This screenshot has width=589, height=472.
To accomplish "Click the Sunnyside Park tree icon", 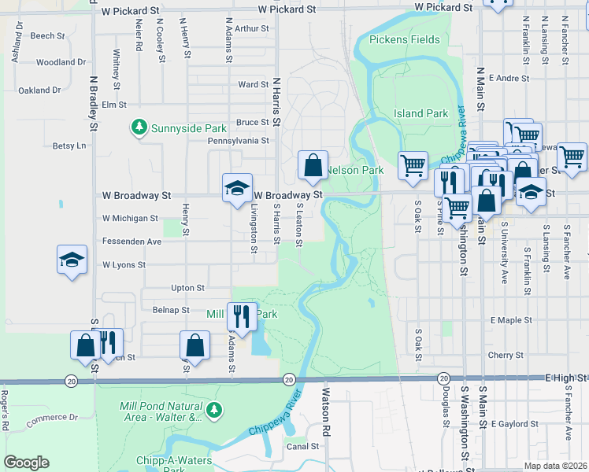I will (139, 127).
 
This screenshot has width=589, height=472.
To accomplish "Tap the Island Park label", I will (420, 114).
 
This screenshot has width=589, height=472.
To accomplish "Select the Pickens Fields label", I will (405, 39).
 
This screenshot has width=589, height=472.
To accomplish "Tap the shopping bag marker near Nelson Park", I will (313, 165).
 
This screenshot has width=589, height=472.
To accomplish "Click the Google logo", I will (26, 463).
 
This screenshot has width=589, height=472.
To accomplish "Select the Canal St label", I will (302, 446).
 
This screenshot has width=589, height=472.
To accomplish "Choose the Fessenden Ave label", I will (132, 242).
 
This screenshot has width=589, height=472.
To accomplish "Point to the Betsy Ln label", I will (69, 146).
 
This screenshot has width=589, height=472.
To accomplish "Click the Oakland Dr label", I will (39, 90).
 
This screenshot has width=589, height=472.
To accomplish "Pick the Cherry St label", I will (506, 356).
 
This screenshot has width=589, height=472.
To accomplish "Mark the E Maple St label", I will (511, 320).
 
